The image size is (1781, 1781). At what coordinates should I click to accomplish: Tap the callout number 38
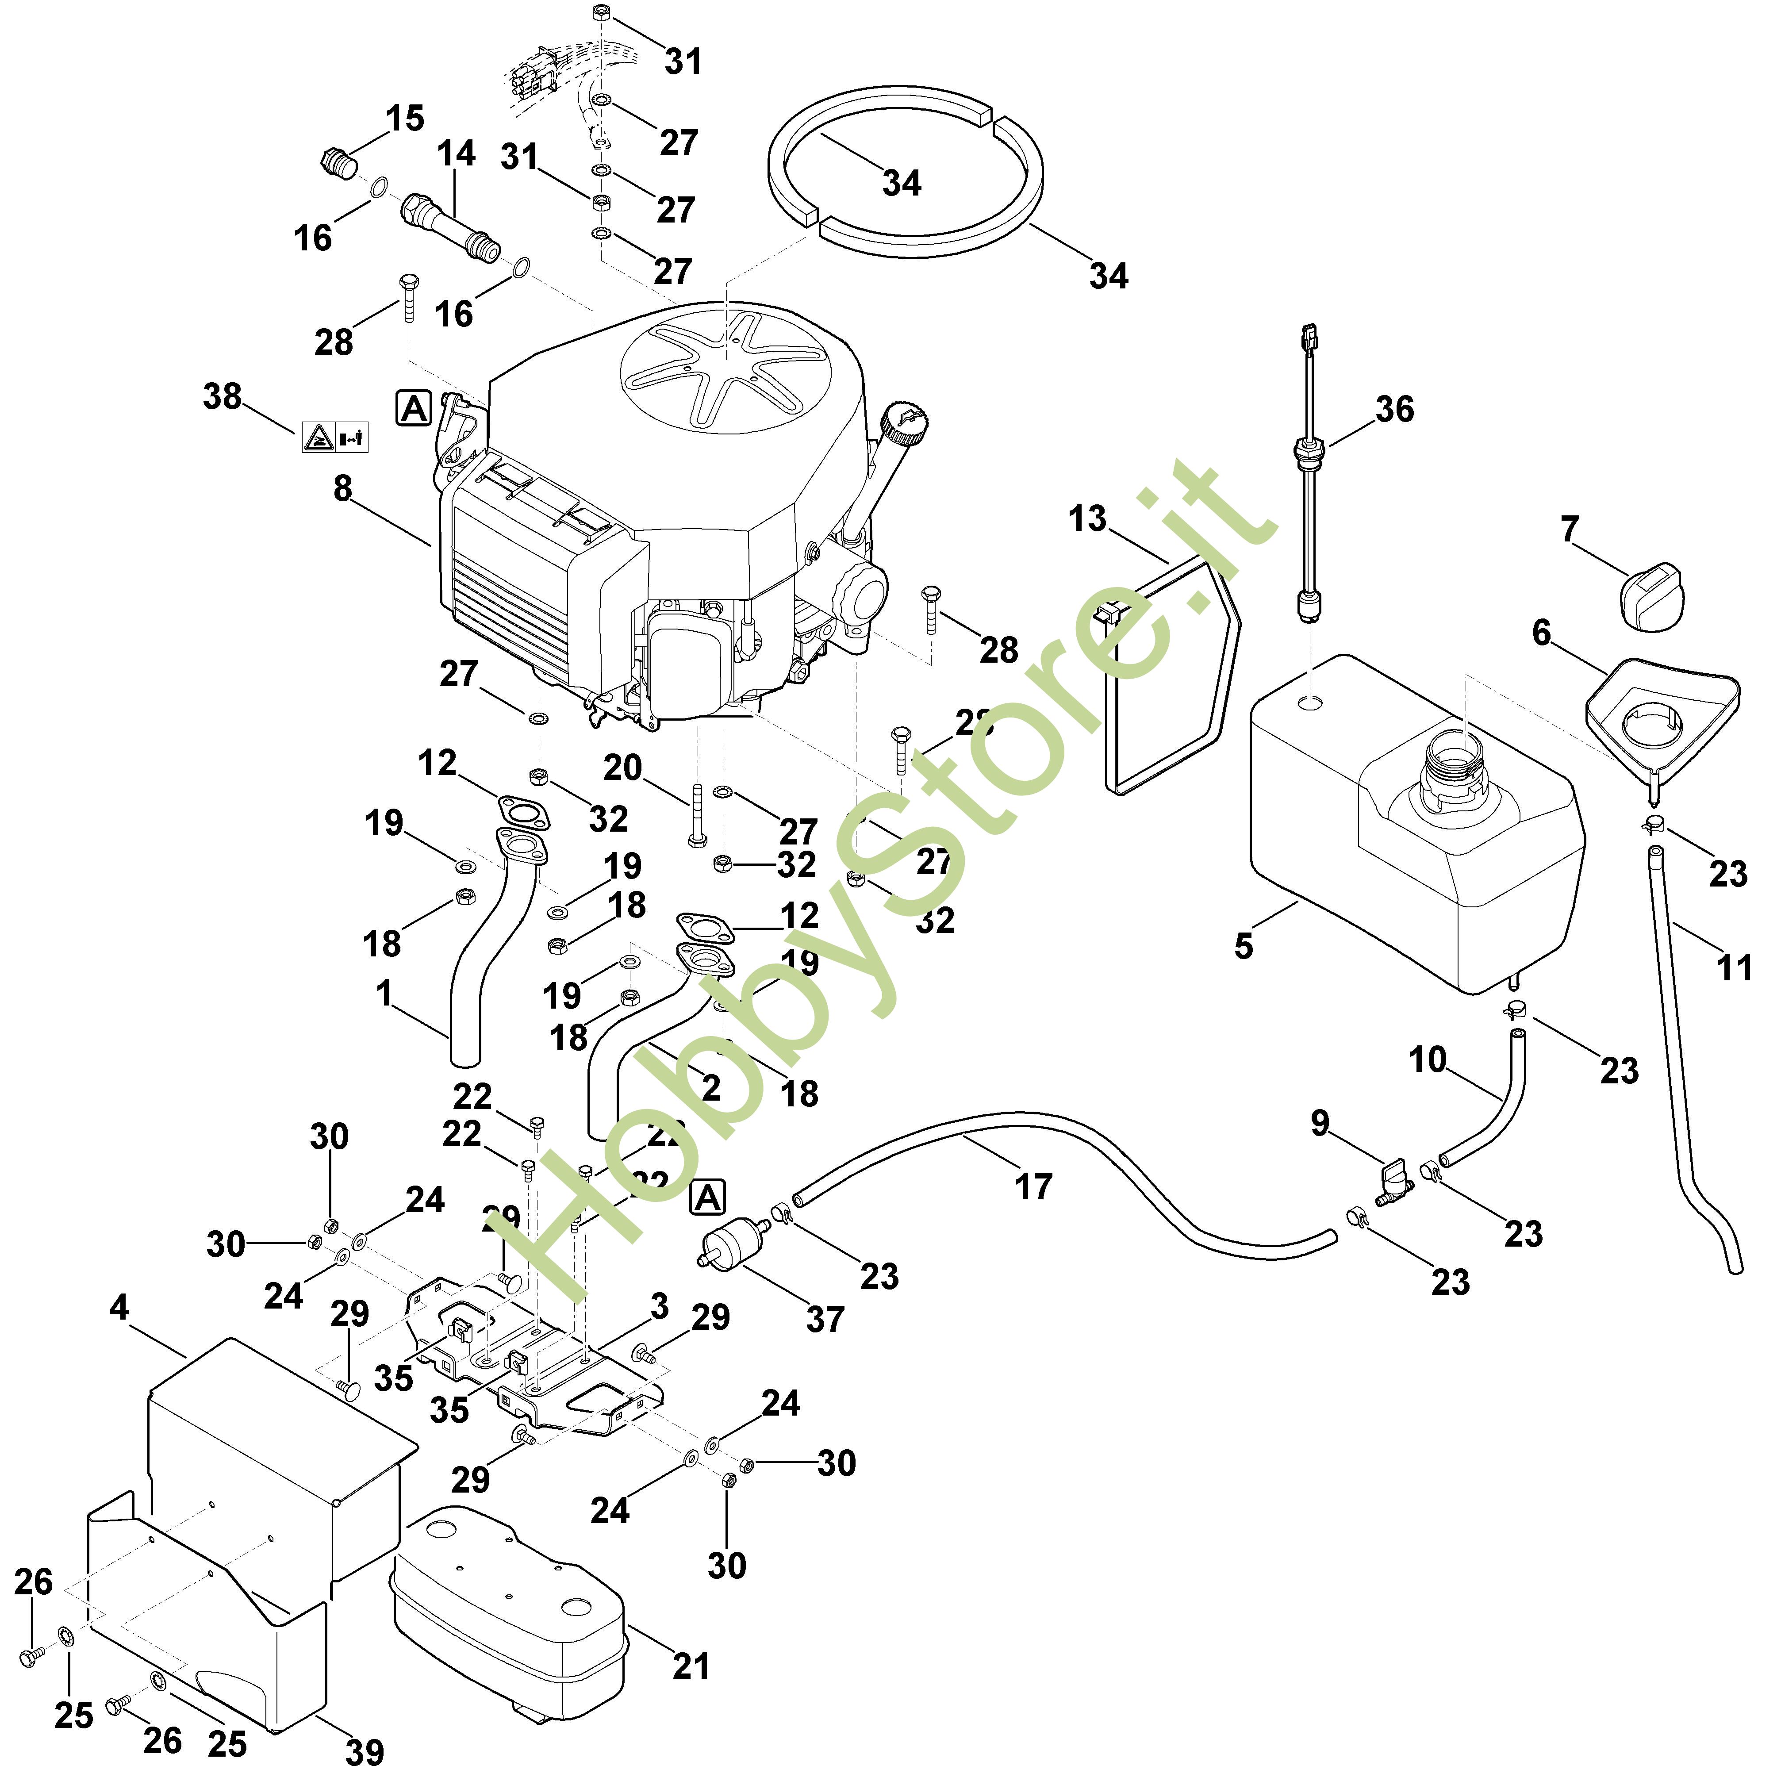point(222,397)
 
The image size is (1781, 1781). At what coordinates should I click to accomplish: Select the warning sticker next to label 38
point(334,437)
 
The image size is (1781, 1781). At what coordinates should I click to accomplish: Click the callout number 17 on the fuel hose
point(1033,1186)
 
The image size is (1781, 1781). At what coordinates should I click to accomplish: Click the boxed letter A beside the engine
point(414,407)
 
